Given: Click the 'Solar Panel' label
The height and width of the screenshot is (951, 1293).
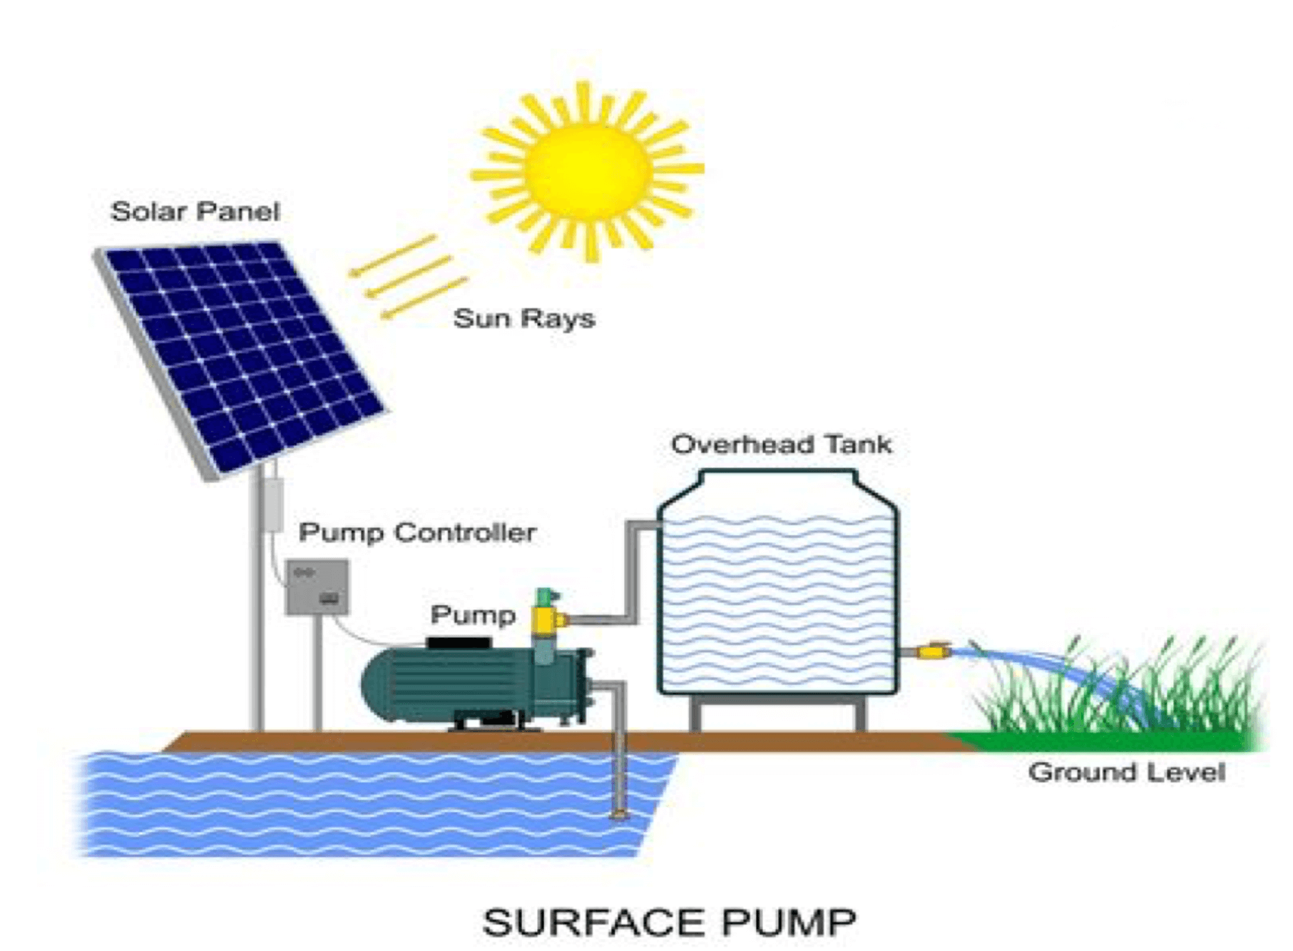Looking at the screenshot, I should click(x=195, y=211).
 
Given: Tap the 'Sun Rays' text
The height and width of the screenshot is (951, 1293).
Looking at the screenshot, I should click(x=523, y=318).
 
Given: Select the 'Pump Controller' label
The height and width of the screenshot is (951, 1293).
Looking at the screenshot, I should click(x=417, y=532).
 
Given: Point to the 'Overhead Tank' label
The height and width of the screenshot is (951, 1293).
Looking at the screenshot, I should click(x=781, y=444).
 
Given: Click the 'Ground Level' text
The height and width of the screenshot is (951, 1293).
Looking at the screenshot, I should click(x=1126, y=772).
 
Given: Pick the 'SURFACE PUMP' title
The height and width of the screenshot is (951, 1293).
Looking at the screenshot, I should click(x=669, y=922).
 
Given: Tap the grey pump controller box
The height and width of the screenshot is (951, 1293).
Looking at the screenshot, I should click(x=317, y=586).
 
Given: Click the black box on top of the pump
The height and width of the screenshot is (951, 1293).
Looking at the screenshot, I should click(x=458, y=642).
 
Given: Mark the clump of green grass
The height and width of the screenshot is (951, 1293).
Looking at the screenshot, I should click(x=1141, y=692).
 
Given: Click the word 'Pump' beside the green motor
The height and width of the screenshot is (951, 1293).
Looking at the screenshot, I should click(x=473, y=615).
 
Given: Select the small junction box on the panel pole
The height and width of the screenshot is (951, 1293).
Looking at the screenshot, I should click(x=271, y=504).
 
